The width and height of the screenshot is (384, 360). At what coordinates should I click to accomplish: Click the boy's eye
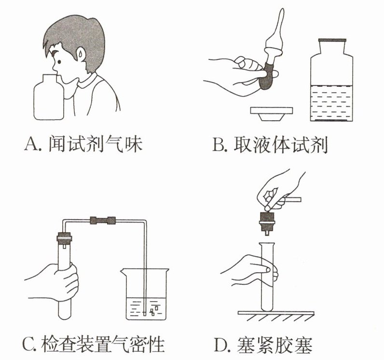tap(59, 62)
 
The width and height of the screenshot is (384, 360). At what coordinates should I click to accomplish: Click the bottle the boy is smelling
tap(49, 97)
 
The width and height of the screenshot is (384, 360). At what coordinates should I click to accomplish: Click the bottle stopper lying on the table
tap(271, 113)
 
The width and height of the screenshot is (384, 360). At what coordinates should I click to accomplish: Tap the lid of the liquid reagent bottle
tap(331, 40)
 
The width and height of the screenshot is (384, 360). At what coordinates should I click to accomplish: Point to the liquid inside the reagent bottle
tap(331, 103)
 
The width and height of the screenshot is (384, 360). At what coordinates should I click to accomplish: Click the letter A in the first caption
tap(30, 144)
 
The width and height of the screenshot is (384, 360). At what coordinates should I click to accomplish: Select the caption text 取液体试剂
tap(280, 145)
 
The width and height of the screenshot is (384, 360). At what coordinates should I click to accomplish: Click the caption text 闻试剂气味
tap(95, 144)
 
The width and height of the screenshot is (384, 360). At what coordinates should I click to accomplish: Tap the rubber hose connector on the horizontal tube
tap(103, 221)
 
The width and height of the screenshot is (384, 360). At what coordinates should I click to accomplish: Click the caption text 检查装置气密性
tap(103, 345)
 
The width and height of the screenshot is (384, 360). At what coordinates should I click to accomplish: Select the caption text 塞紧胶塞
tap(274, 346)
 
